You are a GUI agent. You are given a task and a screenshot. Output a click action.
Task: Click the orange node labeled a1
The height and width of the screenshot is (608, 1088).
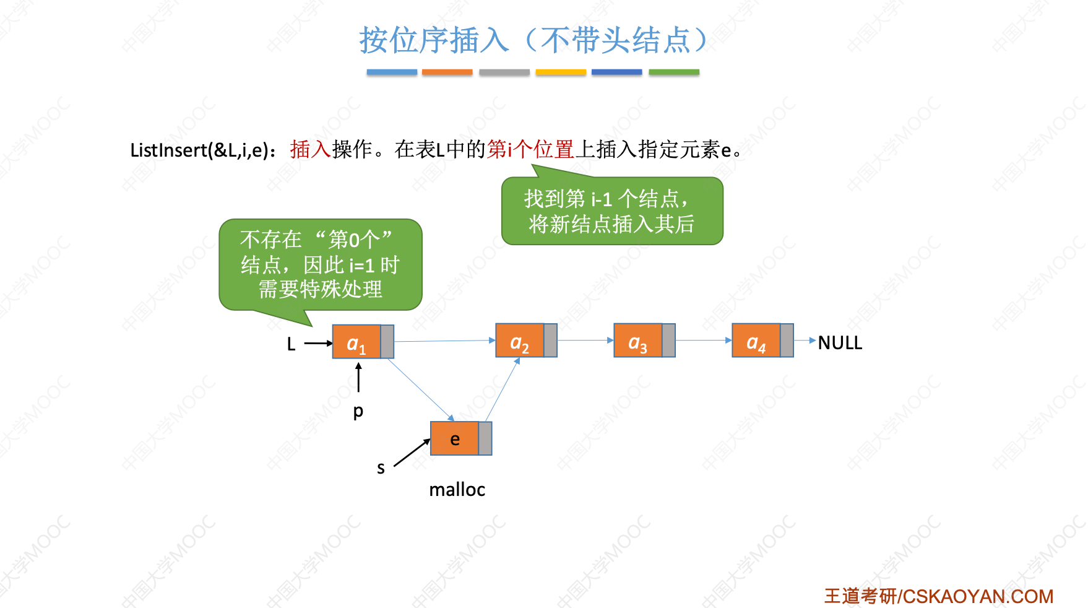[x=356, y=342]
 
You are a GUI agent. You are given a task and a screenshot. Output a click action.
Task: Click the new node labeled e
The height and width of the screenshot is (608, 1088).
[x=455, y=439]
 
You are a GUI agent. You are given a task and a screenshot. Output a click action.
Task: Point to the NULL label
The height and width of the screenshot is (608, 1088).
[x=840, y=342]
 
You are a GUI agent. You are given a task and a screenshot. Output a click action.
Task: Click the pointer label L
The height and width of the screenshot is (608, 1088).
[x=291, y=344]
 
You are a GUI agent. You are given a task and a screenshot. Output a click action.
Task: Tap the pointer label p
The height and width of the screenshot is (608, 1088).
[x=358, y=412]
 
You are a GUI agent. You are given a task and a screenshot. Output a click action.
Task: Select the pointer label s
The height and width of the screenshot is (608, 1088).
[x=381, y=469]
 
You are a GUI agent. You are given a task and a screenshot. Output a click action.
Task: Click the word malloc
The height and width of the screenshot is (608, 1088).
[x=457, y=490]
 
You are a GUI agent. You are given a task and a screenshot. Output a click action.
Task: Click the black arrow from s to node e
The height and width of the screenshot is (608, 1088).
[x=412, y=453]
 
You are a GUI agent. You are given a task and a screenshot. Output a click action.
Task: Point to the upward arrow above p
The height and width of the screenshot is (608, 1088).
[x=358, y=377]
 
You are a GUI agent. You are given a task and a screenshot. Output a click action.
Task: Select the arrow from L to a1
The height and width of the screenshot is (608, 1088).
[x=318, y=343]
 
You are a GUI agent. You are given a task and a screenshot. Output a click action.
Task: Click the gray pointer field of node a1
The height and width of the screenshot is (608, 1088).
[x=387, y=342]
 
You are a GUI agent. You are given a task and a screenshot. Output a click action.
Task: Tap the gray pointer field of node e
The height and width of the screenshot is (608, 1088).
[x=485, y=439]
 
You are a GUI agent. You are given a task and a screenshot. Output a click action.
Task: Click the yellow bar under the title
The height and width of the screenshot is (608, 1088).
[x=561, y=72]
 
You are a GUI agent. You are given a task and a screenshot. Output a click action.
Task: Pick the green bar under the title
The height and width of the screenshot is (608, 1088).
[x=674, y=72]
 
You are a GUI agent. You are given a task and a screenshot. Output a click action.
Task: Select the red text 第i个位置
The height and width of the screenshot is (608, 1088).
[x=530, y=150]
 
